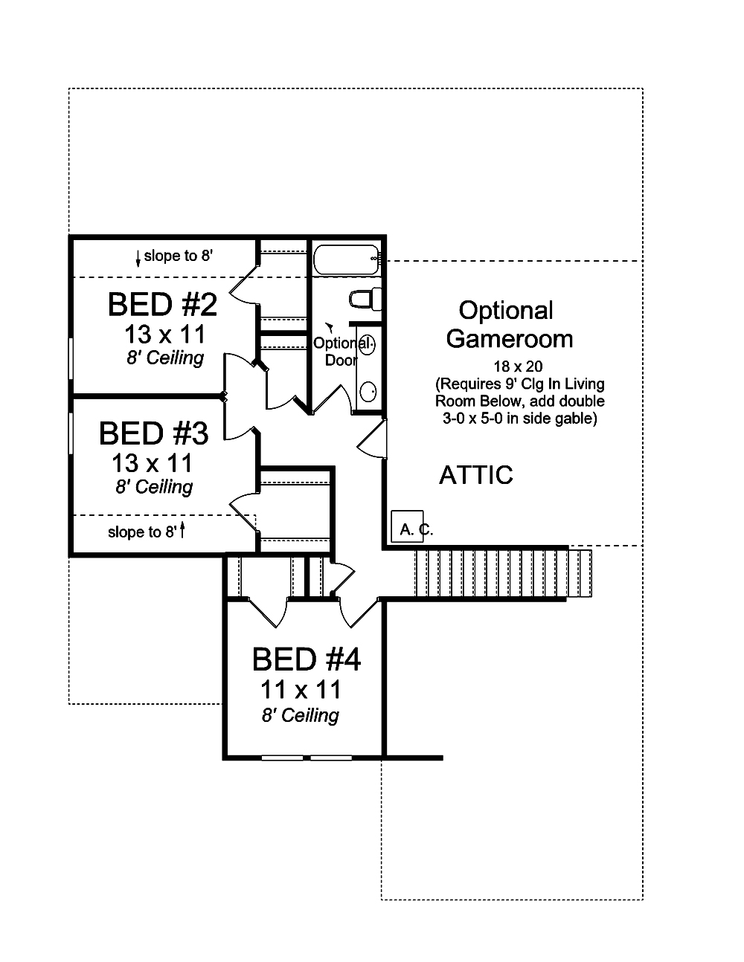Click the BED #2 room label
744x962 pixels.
[x=162, y=305]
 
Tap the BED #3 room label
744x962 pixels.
[x=153, y=433]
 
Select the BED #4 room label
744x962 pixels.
[x=306, y=659]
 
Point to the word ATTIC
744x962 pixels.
[x=476, y=475]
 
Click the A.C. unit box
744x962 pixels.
[x=407, y=527]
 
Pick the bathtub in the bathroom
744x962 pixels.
[x=346, y=259]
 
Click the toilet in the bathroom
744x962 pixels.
[x=365, y=299]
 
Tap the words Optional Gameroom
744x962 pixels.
[x=509, y=324]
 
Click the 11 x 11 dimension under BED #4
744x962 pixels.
[x=301, y=689]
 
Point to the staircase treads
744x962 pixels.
[x=502, y=573]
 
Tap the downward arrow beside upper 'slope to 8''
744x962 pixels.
[x=138, y=257]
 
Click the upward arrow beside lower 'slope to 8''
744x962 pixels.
[x=182, y=531]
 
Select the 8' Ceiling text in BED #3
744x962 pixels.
[x=154, y=487]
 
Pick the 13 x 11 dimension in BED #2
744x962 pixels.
[x=164, y=333]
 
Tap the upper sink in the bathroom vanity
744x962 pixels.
[x=368, y=345]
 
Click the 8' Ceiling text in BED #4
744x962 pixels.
[x=300, y=715]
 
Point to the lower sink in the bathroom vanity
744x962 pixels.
[x=368, y=390]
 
